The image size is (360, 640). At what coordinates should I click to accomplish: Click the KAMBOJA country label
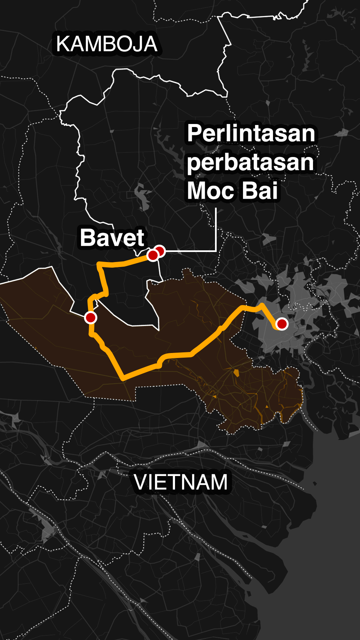[x=107, y=44]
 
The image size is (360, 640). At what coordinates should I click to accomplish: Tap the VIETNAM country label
[x=181, y=482]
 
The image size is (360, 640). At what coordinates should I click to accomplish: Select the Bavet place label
[x=112, y=238]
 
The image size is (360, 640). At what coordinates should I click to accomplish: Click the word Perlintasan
[x=251, y=133]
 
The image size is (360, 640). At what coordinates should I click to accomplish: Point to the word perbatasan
[x=250, y=162]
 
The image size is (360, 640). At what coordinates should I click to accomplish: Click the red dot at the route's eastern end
[x=282, y=324]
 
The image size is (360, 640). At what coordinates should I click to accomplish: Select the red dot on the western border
[x=91, y=318]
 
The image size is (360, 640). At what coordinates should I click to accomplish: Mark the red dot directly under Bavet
[x=152, y=256]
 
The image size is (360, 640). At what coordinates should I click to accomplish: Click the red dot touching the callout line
[x=160, y=251]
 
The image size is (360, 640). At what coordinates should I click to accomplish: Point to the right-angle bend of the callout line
[x=216, y=251]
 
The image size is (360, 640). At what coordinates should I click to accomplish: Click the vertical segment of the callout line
[x=216, y=230]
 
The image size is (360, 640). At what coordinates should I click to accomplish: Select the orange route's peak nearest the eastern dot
[x=262, y=305]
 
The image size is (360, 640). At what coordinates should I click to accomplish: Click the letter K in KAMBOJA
[x=63, y=44]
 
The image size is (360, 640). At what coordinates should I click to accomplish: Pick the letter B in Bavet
[x=87, y=238]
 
